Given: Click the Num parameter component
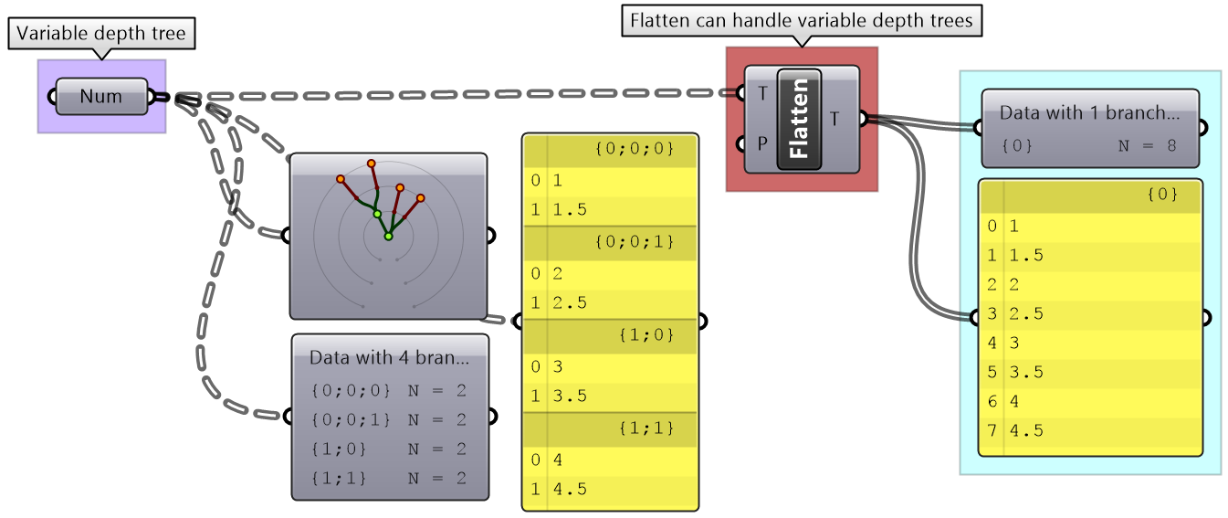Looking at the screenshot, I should tap(101, 97).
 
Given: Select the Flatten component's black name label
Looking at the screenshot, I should tap(799, 119).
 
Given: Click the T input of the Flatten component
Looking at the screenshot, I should tap(761, 93).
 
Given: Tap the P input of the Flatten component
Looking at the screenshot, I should tap(761, 144).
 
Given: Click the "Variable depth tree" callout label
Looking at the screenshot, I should tap(101, 35).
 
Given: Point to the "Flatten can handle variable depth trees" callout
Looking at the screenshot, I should tap(802, 20).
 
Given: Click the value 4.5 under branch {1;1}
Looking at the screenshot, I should tap(570, 489).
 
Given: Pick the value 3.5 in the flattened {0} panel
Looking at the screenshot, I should tap(1026, 373).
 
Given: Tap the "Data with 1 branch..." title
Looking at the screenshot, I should tap(1089, 113).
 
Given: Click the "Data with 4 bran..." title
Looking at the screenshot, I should tap(389, 357).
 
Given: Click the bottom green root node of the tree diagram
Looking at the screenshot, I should tap(388, 237).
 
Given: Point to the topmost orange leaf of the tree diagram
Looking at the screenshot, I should tap(372, 164).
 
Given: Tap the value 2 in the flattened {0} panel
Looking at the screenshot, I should tap(1014, 285).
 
